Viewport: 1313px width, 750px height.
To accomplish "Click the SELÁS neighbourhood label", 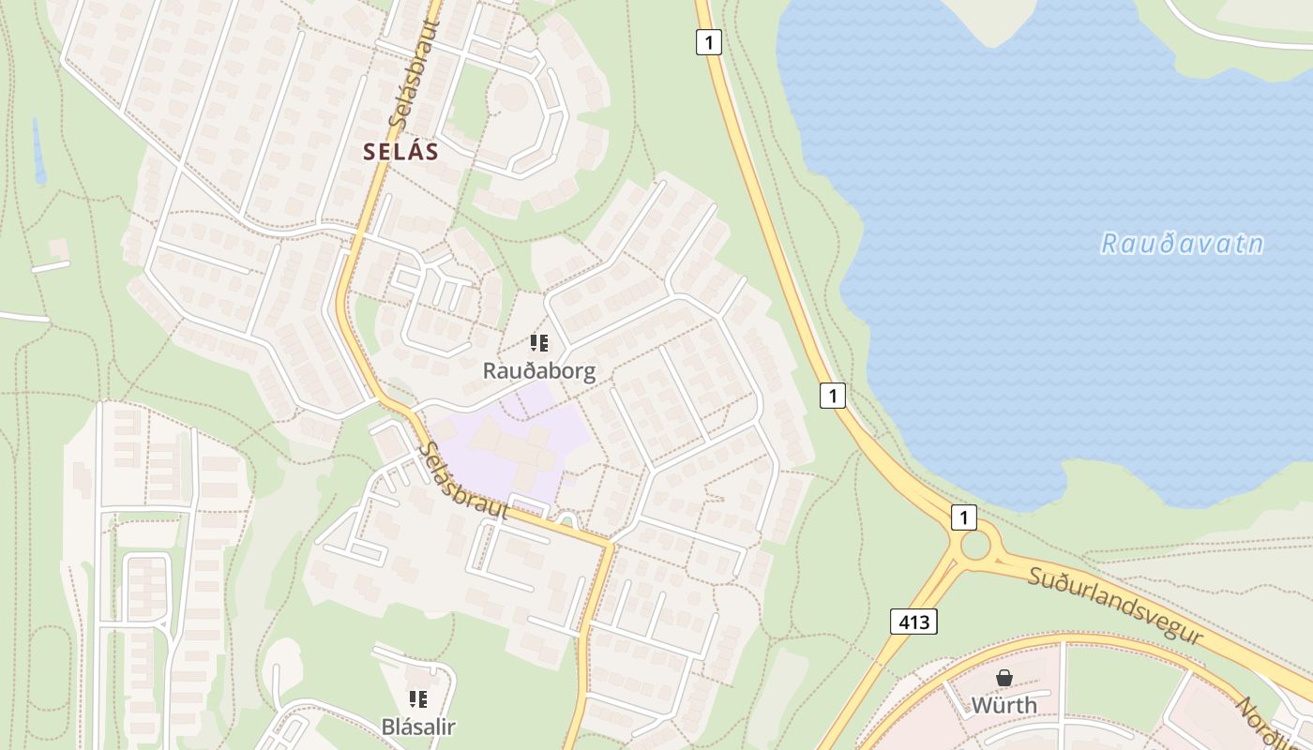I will click(x=401, y=152).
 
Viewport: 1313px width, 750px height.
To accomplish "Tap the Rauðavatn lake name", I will click(x=1182, y=244).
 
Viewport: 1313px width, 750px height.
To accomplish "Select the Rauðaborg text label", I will click(x=539, y=371).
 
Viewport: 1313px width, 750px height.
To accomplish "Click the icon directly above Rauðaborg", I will click(x=538, y=343).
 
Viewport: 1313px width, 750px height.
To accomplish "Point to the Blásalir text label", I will click(x=418, y=727).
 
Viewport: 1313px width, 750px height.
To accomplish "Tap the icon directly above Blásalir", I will click(x=418, y=698).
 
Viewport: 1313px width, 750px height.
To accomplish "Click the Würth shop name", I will click(x=1004, y=705).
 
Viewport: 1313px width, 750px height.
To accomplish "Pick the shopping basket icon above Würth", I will click(x=1004, y=677).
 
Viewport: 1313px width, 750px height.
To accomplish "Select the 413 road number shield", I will click(x=913, y=621).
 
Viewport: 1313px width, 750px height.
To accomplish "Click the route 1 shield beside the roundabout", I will click(x=963, y=517).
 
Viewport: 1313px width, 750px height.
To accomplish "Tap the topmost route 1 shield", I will click(x=709, y=41).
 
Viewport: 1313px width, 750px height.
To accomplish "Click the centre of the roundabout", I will click(x=975, y=545).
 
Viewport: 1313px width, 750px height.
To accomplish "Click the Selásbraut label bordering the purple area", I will click(x=461, y=481).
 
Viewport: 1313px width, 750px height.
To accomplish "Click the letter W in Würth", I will click(x=981, y=705).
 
